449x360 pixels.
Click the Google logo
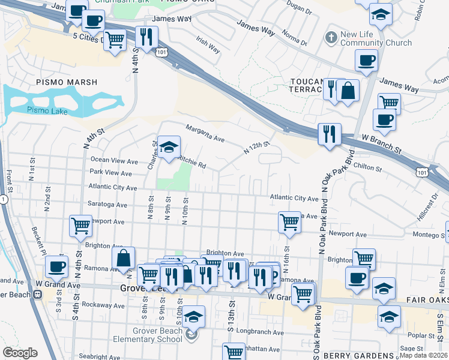pos(20,353)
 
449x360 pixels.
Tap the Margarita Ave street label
pos(205,134)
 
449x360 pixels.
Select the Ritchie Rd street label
pos(192,161)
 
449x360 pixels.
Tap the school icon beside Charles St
pos(169,146)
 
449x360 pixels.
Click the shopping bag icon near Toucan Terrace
pos(348,91)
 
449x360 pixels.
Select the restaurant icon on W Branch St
pos(328,134)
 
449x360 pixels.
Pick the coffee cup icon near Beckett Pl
pos(56,266)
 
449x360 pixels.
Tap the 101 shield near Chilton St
pos(422,172)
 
